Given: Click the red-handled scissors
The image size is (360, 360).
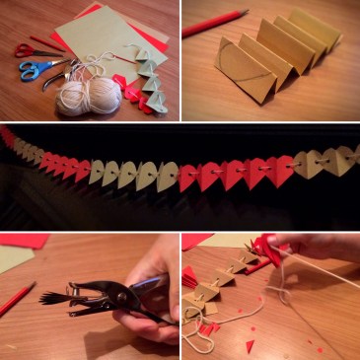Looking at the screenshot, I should point(25,48).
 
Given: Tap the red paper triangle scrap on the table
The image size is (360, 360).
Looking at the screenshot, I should point(250,344).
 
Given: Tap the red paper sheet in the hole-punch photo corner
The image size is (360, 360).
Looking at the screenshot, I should point(25,240).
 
